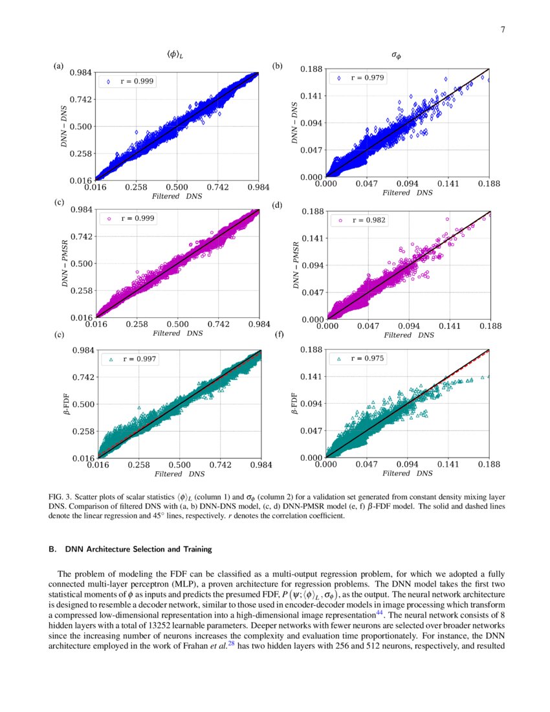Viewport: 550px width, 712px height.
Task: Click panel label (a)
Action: coord(59,66)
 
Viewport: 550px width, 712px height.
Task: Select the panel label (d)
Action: coord(278,206)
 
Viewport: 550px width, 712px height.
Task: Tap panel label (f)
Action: coord(280,335)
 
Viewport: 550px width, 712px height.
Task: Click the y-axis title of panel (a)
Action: coord(64,126)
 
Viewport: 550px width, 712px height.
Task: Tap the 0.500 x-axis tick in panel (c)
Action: coord(177,324)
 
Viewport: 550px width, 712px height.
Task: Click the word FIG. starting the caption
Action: coord(57,497)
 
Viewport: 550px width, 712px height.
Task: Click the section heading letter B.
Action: coord(51,550)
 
